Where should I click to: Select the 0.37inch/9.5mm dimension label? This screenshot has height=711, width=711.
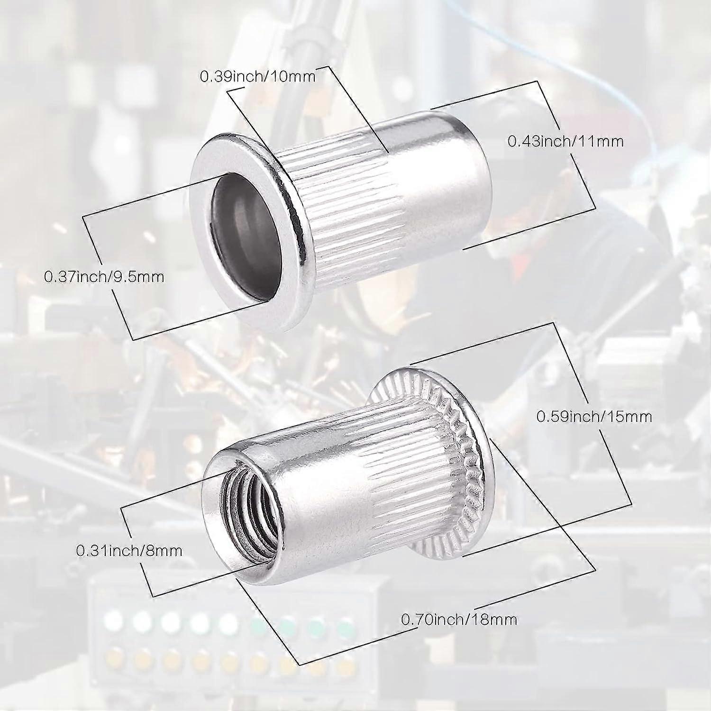click(x=104, y=276)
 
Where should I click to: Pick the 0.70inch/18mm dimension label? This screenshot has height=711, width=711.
click(x=459, y=619)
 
